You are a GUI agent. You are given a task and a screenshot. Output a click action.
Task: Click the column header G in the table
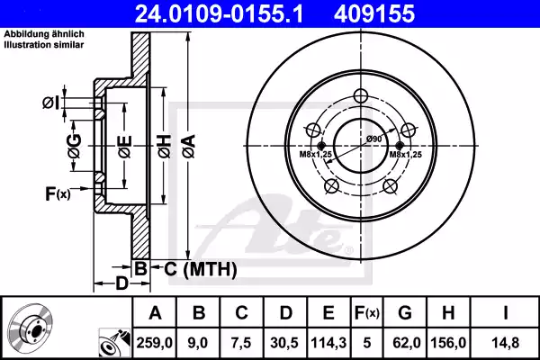tap(406, 313)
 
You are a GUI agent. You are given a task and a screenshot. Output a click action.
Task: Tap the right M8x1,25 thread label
tap(406, 155)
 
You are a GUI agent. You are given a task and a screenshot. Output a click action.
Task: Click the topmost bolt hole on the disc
tap(363, 97)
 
